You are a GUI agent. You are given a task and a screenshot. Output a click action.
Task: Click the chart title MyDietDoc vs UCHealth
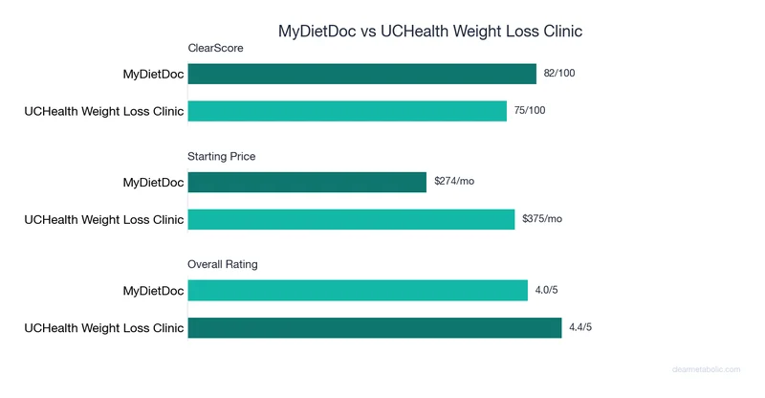(429, 31)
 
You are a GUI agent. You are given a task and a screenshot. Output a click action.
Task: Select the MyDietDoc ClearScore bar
(361, 74)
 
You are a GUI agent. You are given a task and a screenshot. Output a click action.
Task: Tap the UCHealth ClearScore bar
(347, 111)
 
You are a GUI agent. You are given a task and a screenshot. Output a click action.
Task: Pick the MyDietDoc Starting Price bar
(307, 182)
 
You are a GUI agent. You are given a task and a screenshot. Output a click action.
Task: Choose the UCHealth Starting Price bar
(351, 219)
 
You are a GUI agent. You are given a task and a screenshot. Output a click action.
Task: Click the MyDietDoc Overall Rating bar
(358, 290)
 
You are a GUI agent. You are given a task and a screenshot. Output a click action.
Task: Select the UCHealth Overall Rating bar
(374, 327)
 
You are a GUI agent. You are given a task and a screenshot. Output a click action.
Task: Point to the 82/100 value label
(559, 74)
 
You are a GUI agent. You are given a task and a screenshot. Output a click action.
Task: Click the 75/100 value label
(530, 111)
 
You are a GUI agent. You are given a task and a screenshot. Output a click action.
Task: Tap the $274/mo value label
(453, 182)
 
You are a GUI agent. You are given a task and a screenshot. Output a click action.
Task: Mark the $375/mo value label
(542, 219)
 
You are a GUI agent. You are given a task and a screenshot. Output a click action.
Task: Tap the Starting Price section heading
(222, 156)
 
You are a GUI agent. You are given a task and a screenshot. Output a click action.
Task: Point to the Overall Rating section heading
(223, 264)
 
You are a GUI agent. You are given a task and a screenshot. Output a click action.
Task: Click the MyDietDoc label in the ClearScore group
(153, 74)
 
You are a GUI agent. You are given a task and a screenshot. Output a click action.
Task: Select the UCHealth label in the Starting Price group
(103, 219)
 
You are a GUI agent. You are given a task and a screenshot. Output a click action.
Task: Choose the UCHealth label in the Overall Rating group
(103, 327)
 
